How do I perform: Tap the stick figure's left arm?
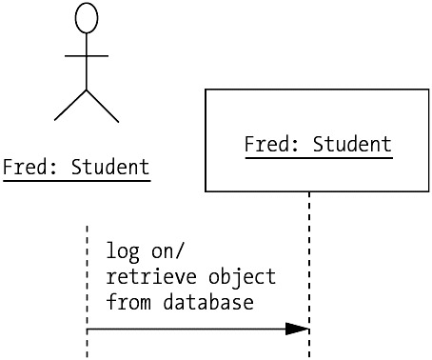coord(75,56)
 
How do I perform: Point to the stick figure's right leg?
coord(103,106)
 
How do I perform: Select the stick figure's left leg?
coord(70,106)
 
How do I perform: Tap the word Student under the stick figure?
coord(110,167)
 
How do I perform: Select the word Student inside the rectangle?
coord(352,144)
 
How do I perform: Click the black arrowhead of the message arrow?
coord(297,329)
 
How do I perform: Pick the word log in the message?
coord(123,251)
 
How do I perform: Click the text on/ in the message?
coord(167,251)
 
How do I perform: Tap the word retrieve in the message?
coord(151,277)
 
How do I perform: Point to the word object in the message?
coord(242,277)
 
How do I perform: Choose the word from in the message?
coord(128,302)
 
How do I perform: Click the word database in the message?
coord(208,302)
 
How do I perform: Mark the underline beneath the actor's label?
coord(77,181)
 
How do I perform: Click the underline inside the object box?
coord(319,157)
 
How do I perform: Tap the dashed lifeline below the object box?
coord(309,275)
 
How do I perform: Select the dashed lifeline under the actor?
coord(87,292)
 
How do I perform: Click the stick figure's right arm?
coord(97,56)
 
